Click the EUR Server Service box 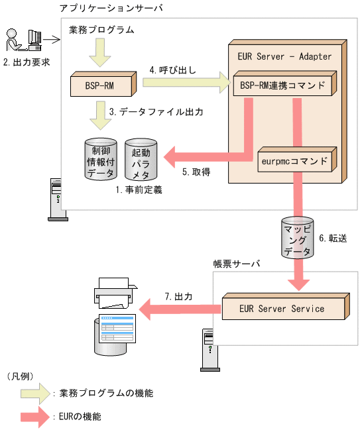[x=282, y=309]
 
